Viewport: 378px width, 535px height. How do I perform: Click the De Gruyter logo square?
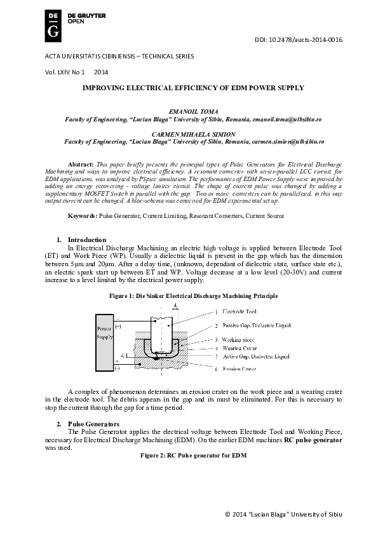click(x=55, y=25)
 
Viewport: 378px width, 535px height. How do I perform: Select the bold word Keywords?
click(x=83, y=216)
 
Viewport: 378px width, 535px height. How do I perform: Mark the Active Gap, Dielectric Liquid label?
click(x=251, y=356)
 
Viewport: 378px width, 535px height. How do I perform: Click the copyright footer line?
click(x=283, y=513)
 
